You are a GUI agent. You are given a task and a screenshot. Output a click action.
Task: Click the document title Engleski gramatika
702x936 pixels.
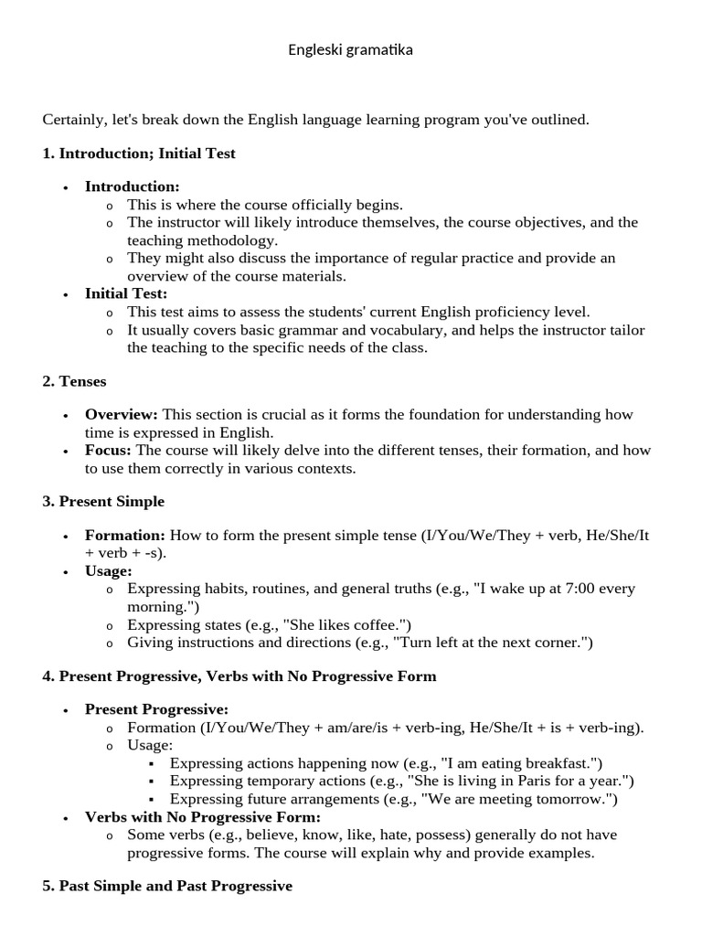(350, 49)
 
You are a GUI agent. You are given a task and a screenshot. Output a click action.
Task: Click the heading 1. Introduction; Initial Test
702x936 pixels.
(139, 154)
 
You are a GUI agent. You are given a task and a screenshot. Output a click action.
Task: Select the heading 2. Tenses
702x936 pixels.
(75, 381)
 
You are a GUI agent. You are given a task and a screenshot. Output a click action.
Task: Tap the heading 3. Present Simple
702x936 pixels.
(103, 502)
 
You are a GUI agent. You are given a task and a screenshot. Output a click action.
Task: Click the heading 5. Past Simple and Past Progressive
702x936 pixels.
(167, 887)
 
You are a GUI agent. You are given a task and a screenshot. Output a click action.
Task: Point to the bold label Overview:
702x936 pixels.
(122, 415)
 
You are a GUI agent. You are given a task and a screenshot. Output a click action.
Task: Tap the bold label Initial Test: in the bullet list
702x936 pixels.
(126, 293)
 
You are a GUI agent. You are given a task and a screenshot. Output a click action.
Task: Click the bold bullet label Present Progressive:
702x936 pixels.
(156, 709)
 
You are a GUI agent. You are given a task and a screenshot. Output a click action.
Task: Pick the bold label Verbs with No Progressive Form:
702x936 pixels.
(203, 816)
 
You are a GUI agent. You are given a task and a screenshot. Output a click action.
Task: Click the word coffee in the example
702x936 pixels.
(380, 625)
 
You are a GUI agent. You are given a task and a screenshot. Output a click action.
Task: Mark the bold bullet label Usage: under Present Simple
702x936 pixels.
(109, 571)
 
